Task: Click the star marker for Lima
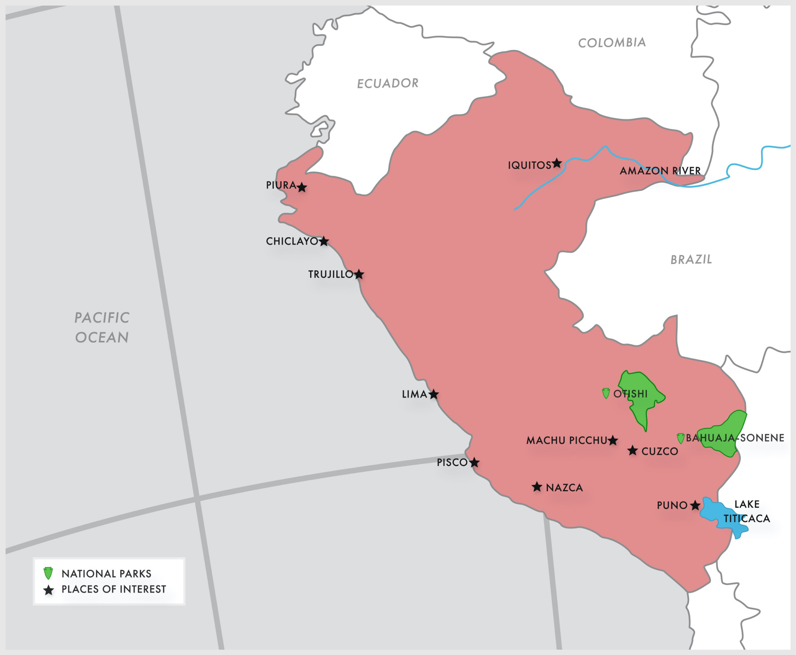[x=433, y=394]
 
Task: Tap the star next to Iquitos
[x=557, y=163]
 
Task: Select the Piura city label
[x=281, y=185]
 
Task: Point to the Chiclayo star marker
[x=324, y=241]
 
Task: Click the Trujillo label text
[x=331, y=274]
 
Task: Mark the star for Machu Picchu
[x=613, y=440]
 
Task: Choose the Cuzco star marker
[x=632, y=451]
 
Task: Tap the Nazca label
[x=564, y=488]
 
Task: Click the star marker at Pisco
[x=474, y=463]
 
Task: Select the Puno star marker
[x=695, y=506]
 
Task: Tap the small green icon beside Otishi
[x=606, y=393]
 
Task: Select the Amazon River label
[x=660, y=171]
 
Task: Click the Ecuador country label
[x=388, y=83]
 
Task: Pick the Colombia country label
[x=612, y=43]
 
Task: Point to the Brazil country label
[x=691, y=260]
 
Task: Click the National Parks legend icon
[x=48, y=573]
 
